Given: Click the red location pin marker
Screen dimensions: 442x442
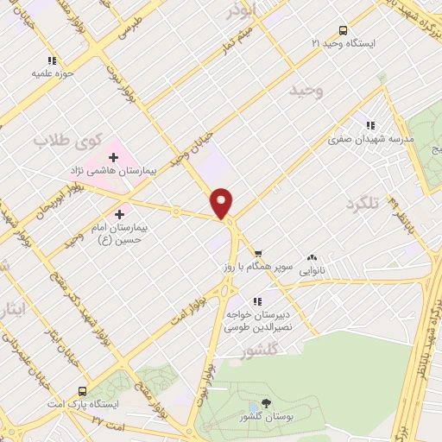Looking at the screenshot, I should point(223,202).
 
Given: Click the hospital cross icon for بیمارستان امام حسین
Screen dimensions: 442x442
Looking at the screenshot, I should point(118,212).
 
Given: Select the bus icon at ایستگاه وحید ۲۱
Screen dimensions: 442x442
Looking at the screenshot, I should point(343,28).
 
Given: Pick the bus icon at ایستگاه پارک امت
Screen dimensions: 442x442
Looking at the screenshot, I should point(83,390).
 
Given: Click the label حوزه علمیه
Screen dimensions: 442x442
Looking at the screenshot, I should point(51,73).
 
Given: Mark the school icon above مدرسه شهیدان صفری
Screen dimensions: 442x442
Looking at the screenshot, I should point(370,125).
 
